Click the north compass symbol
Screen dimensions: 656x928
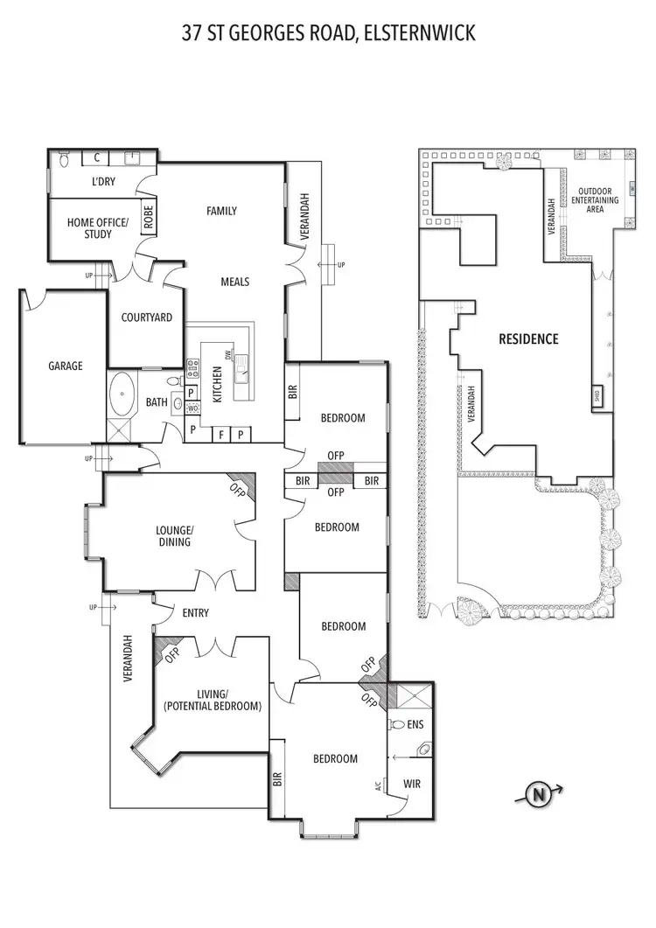click(x=538, y=795)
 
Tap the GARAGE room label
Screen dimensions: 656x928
click(x=65, y=366)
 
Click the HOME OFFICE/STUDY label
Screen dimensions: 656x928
click(x=98, y=228)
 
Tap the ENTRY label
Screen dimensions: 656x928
click(x=195, y=613)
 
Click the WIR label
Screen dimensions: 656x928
click(x=411, y=784)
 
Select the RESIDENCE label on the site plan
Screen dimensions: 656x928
click(x=528, y=338)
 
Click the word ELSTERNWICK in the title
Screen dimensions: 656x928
click(x=419, y=34)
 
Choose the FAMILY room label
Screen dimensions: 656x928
click(x=221, y=211)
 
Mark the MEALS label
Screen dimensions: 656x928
click(x=234, y=282)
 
